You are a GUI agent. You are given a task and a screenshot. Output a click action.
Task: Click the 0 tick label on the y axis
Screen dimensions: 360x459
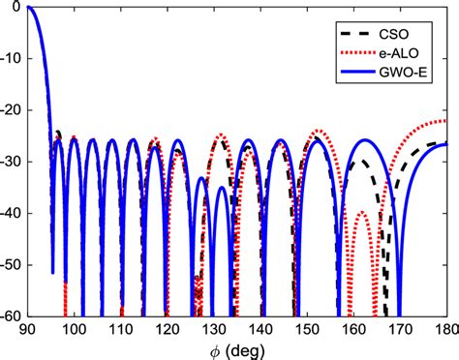point(19,8)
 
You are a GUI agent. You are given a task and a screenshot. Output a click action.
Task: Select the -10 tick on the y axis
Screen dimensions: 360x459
point(13,59)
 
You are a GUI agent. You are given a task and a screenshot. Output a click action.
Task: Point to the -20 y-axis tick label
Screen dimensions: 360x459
point(13,110)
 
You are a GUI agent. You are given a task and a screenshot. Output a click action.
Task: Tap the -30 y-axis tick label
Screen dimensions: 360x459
point(13,162)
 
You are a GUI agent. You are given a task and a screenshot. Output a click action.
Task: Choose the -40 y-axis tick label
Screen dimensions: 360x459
point(13,213)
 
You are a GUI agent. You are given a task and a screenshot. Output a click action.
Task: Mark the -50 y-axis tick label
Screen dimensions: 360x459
point(13,264)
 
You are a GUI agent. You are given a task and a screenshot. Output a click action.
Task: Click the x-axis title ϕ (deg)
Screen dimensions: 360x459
point(237,348)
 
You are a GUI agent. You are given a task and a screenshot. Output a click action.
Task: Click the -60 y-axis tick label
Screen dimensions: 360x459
point(13,315)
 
